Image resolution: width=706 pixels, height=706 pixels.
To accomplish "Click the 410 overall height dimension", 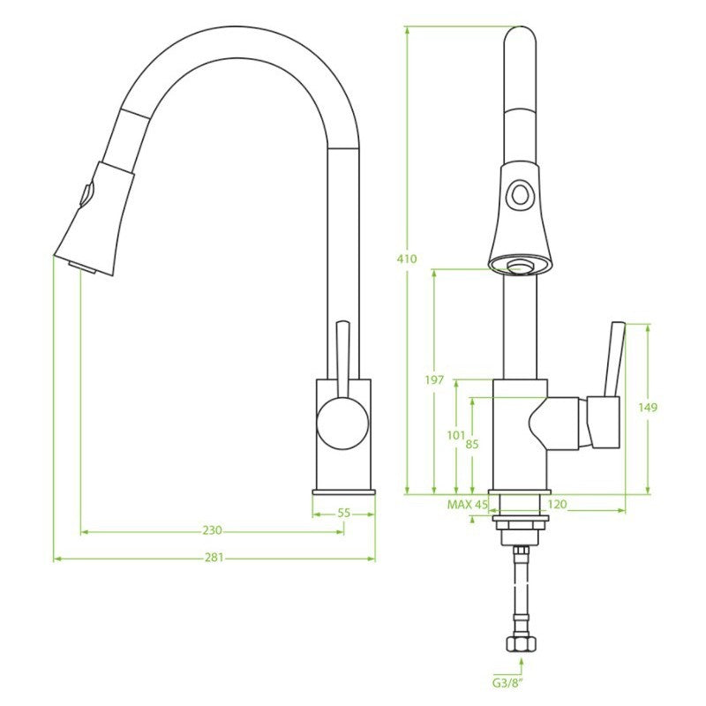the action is tap(407, 259).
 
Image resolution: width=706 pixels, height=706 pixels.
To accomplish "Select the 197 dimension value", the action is tap(434, 380).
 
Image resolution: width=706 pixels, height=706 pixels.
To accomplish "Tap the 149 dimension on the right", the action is tap(648, 408).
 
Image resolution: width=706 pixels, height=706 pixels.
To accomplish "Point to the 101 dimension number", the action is tap(455, 435).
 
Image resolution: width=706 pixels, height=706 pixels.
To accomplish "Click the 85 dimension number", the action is tap(472, 445).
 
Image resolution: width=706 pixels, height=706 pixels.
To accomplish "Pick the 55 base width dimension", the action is tap(344, 514).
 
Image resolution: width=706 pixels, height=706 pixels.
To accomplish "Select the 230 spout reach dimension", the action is tap(212, 531).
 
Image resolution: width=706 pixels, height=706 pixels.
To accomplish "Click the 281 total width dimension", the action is tap(214, 558).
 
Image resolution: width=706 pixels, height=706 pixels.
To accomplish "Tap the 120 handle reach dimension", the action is tap(558, 505).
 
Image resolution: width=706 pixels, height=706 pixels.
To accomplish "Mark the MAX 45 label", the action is tap(468, 505).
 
